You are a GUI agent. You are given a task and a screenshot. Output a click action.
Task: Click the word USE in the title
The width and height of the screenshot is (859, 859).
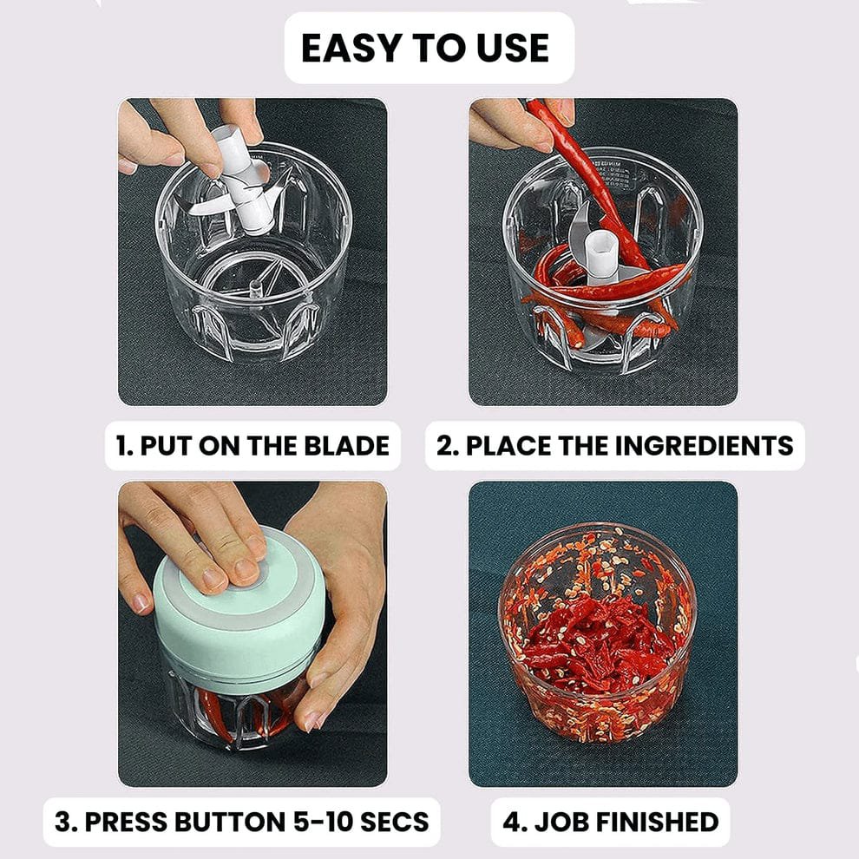[508, 49]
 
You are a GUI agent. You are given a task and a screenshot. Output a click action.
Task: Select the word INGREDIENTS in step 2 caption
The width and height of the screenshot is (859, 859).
[705, 446]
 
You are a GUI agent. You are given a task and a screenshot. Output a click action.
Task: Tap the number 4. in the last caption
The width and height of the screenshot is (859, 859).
[516, 821]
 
